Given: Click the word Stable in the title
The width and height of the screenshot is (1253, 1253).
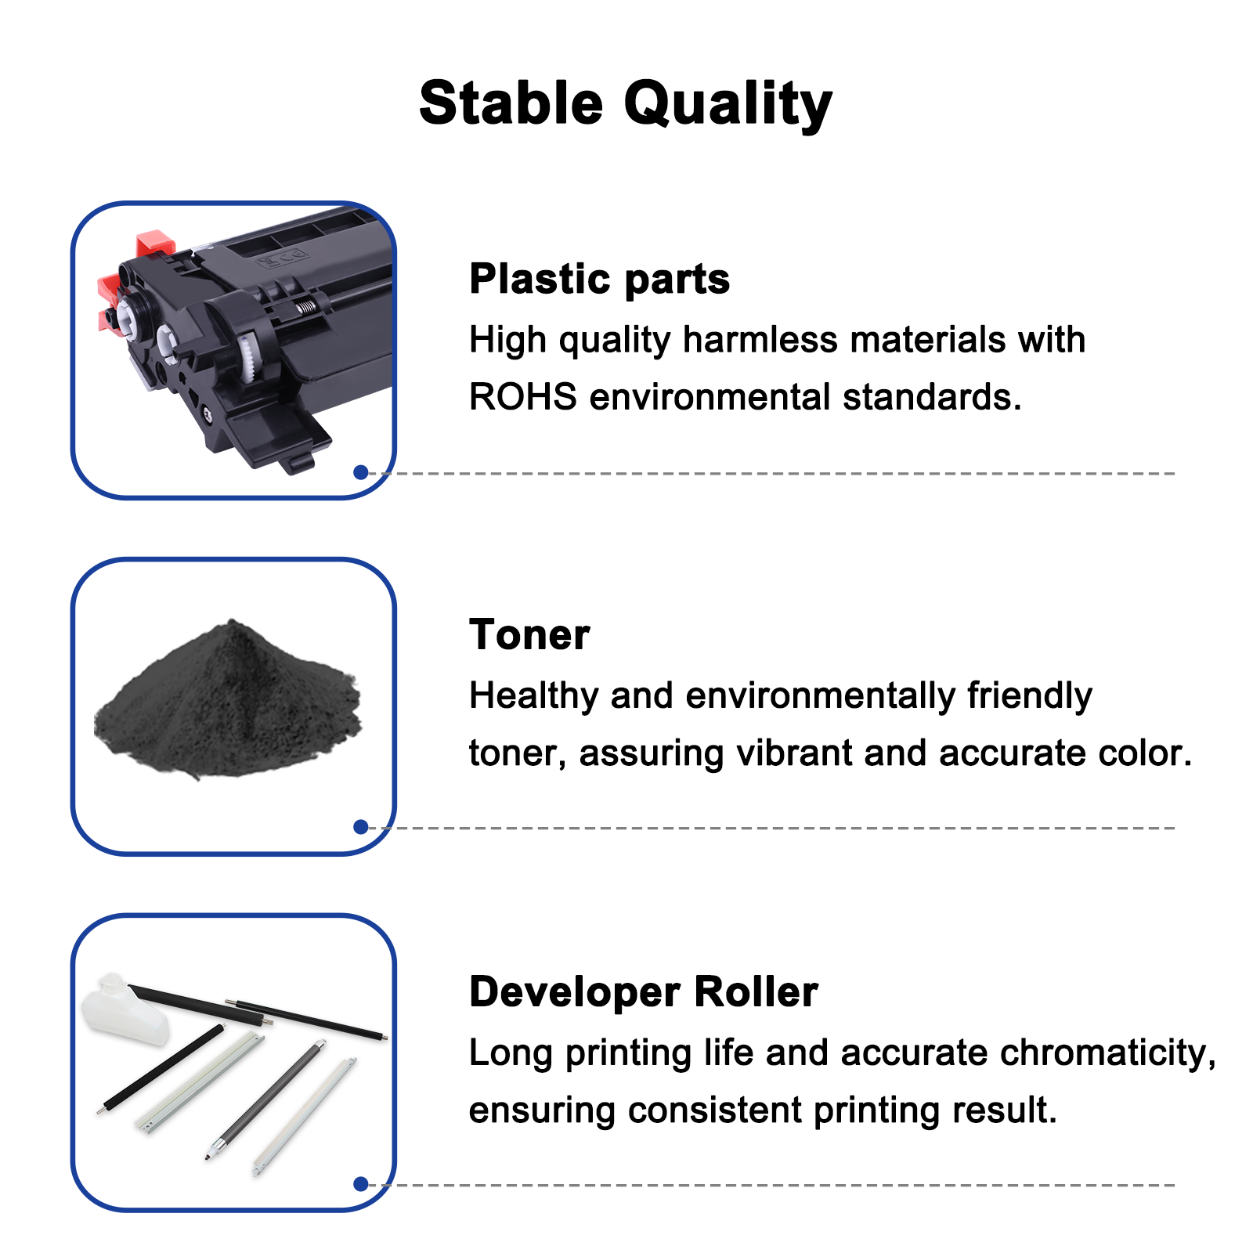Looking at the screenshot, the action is tap(511, 103).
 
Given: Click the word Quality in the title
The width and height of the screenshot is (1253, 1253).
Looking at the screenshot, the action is tap(728, 106).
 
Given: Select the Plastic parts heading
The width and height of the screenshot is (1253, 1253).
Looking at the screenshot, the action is tap(599, 280).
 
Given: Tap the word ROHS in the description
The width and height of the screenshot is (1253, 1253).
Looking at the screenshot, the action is tap(523, 397).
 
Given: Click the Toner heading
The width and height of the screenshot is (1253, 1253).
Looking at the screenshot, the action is tap(529, 634).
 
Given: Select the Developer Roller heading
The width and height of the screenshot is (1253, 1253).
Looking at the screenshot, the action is tap(644, 992).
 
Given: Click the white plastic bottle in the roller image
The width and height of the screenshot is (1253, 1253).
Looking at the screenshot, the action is tap(125, 1009).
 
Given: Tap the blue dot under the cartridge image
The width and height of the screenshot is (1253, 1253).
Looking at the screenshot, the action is tap(361, 472).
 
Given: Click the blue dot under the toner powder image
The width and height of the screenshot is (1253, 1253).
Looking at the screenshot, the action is tap(361, 827).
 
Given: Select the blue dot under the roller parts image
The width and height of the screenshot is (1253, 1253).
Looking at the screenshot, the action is tap(361, 1184).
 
